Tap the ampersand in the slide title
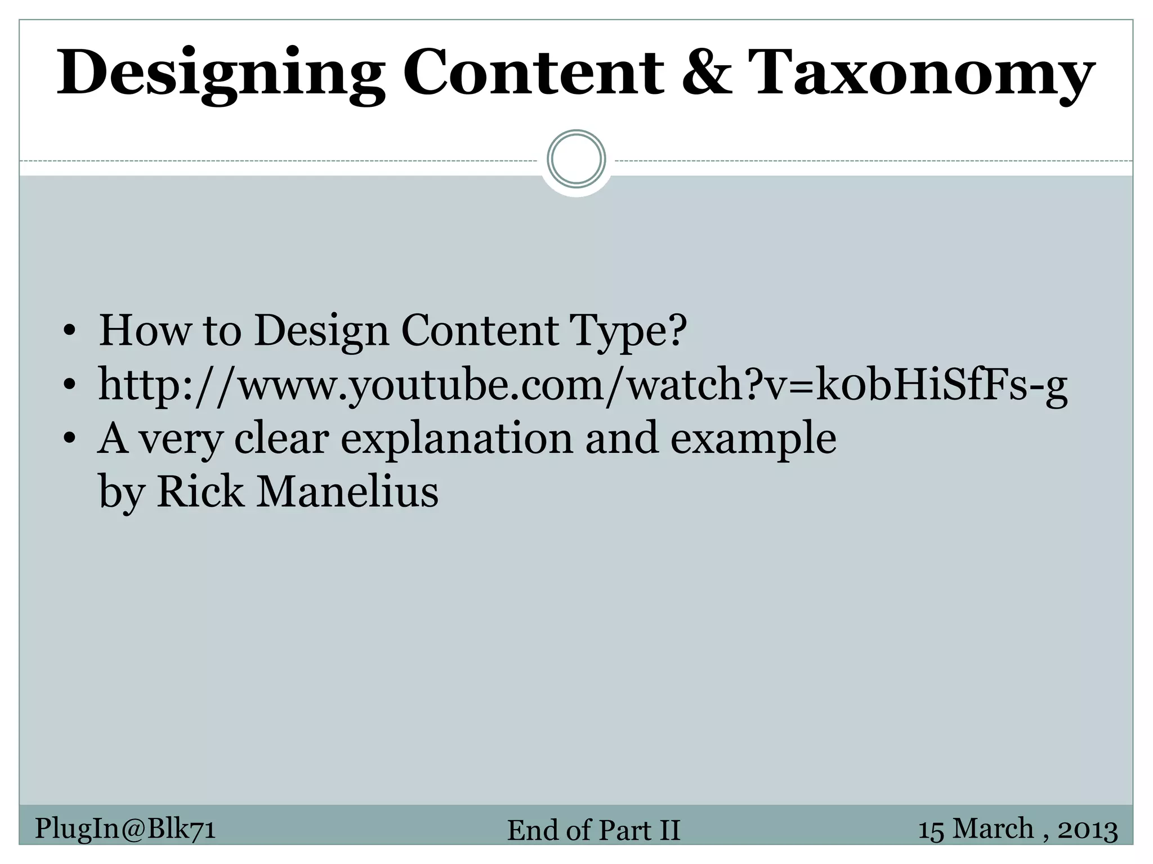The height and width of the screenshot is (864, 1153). click(x=707, y=72)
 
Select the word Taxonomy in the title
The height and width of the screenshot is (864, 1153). click(x=921, y=74)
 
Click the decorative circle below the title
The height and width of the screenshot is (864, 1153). click(x=576, y=159)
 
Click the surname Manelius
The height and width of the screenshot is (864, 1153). click(x=347, y=492)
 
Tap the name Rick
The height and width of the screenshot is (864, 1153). click(x=200, y=492)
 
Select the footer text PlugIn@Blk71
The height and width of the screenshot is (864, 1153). click(x=125, y=829)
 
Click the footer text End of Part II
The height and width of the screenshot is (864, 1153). click(x=593, y=830)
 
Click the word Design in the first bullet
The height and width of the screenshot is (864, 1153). click(x=321, y=331)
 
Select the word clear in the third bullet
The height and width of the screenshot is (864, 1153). click(x=281, y=439)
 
